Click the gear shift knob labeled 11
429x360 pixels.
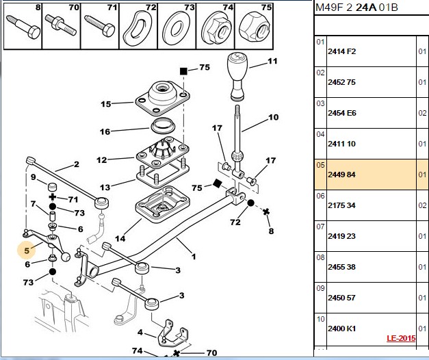(x=237, y=77)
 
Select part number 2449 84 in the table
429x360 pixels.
(x=341, y=175)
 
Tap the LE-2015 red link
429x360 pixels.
(x=401, y=338)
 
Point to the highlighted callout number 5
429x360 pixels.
(x=27, y=250)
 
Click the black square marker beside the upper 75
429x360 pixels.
(x=183, y=71)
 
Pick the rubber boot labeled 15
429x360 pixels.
(x=163, y=98)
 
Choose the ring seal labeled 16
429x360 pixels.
(x=164, y=125)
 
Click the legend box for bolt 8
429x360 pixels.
(x=23, y=26)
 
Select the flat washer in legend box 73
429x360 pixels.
(x=177, y=29)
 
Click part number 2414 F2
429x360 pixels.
(x=341, y=51)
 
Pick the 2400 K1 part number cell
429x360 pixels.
(x=341, y=329)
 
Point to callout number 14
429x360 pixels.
(x=120, y=239)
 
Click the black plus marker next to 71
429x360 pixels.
(x=52, y=197)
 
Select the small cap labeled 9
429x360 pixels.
(x=53, y=187)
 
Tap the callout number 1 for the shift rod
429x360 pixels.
(x=194, y=257)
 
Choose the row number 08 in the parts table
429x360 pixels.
(x=320, y=257)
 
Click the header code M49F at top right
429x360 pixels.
(x=329, y=8)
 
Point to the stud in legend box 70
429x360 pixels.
(x=60, y=25)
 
